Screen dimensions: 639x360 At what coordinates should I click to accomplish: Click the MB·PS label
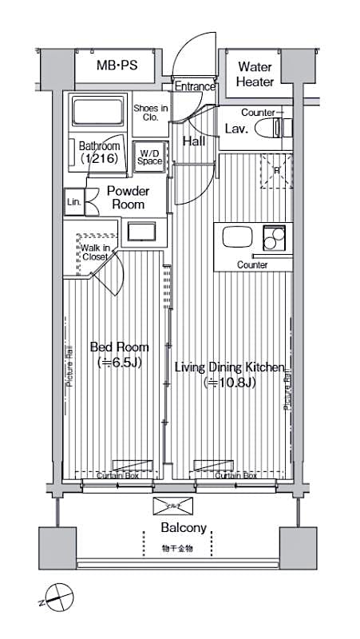click(117, 67)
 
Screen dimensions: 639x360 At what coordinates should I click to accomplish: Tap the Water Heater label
click(255, 74)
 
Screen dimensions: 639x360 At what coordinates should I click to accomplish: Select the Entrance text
click(195, 86)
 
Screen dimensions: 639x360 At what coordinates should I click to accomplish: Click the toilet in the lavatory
click(283, 128)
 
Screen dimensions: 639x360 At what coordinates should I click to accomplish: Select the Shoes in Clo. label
click(150, 113)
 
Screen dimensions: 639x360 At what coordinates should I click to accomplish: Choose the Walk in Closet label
click(94, 253)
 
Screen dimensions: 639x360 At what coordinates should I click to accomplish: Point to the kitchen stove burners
click(275, 238)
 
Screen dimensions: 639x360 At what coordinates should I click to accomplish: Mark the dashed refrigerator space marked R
click(277, 170)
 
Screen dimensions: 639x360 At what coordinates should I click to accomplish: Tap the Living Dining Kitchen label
click(229, 375)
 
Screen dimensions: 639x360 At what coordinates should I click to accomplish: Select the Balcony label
click(184, 528)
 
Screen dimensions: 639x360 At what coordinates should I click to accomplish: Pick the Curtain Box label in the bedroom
click(120, 475)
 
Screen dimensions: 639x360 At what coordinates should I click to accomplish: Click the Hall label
click(194, 141)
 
